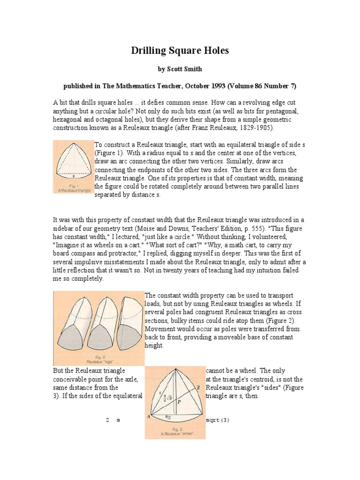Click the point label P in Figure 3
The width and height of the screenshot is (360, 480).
tap(180, 401)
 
